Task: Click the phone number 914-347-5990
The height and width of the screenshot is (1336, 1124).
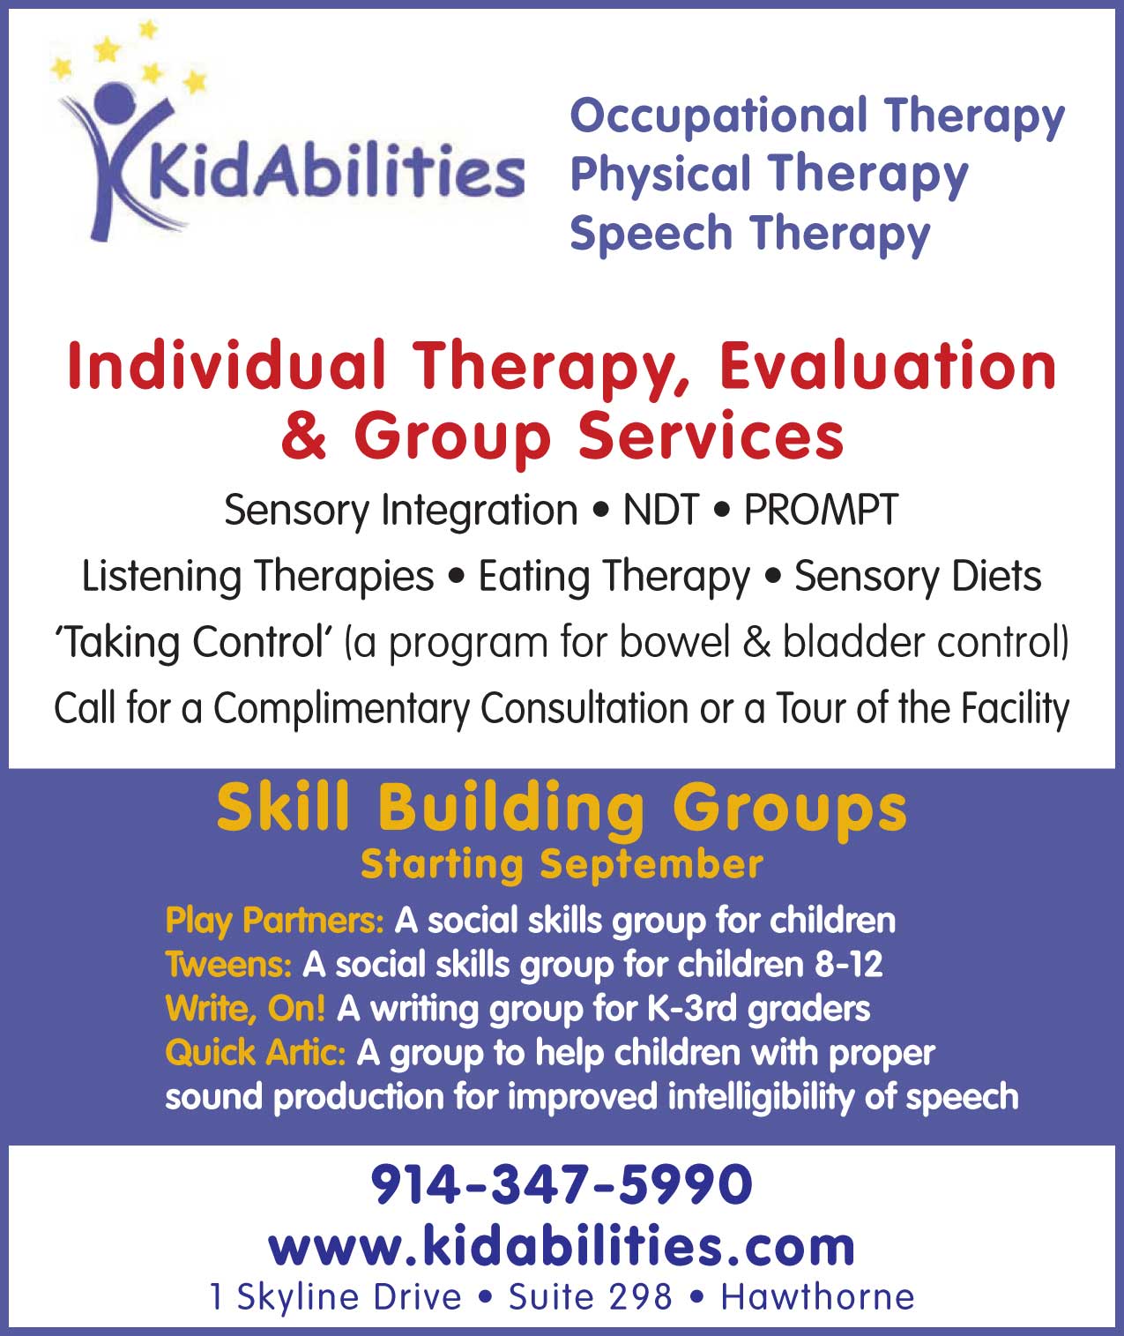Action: [x=561, y=1184]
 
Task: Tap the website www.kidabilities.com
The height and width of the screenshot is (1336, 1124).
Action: [x=562, y=1246]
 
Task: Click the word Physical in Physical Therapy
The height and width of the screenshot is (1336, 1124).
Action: [x=659, y=175]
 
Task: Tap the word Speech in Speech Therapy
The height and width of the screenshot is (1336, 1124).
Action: [x=651, y=234]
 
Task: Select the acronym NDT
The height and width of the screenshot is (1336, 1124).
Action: [x=660, y=510]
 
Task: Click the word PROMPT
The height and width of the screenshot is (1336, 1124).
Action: [x=821, y=510]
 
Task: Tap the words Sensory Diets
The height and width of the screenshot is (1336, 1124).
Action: [x=918, y=577]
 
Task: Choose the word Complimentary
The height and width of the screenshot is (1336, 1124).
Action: [x=341, y=709]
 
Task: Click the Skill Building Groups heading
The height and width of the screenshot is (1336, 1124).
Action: [x=562, y=808]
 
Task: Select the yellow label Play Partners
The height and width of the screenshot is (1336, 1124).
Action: [x=274, y=921]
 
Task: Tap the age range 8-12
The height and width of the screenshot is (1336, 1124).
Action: [x=848, y=964]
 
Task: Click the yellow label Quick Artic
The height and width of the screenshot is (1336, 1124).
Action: [x=256, y=1053]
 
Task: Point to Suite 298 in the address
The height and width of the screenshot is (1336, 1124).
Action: [x=590, y=1297]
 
